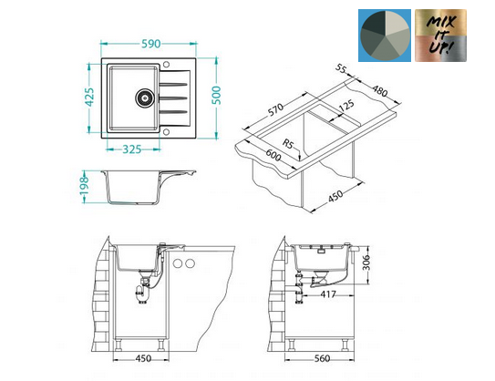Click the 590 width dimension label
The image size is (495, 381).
pos(150,44)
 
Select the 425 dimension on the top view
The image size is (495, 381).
pos(89,97)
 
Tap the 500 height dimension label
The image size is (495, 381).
pos(217,95)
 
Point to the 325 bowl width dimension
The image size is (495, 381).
pos(132,149)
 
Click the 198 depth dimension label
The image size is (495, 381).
pos(84,187)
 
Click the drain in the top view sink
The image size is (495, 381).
pos(145,98)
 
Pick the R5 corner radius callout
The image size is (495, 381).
pos(287,144)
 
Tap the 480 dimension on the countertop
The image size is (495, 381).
pos(380,91)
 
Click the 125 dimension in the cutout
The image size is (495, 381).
pos(346,106)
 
